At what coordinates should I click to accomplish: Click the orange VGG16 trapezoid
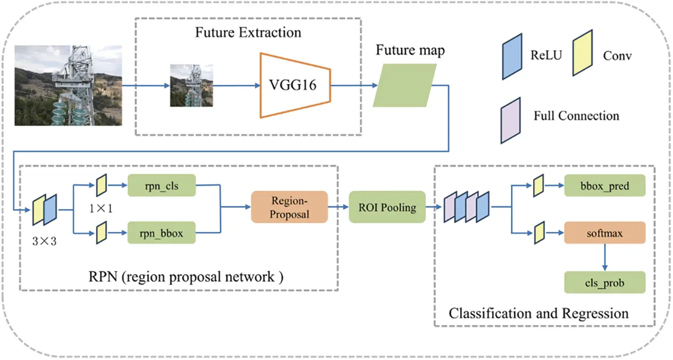(294, 85)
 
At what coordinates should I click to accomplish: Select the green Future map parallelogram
(404, 85)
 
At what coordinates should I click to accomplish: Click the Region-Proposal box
(289, 207)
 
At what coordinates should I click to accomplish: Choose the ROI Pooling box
(387, 207)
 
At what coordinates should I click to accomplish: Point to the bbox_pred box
(604, 186)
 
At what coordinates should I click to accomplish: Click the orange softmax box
(604, 232)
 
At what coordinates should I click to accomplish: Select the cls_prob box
(604, 283)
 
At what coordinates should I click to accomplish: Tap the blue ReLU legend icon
(512, 56)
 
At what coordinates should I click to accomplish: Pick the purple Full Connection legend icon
(510, 120)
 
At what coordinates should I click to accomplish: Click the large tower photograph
(68, 85)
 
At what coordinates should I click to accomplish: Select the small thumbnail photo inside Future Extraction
(191, 85)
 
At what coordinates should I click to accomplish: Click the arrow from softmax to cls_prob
(604, 257)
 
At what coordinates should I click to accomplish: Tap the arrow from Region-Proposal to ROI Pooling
(338, 207)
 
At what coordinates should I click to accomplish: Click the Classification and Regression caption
(538, 313)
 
